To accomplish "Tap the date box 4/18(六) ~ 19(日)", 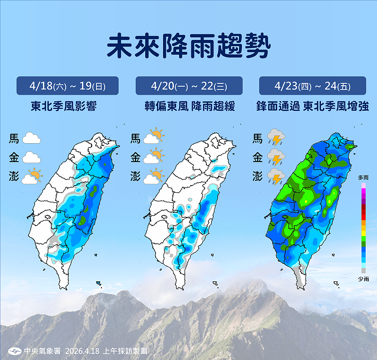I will (x=67, y=86).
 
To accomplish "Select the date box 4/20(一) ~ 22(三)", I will (x=189, y=86).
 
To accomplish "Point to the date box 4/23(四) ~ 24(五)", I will (x=312, y=86).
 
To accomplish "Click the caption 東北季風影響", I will (x=67, y=107).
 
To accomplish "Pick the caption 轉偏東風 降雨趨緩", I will (x=188, y=107).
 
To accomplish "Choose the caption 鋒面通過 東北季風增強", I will (x=312, y=107).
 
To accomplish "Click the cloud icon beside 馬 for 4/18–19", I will (x=32, y=139).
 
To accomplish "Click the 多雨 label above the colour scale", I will (x=363, y=177).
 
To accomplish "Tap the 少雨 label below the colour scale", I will (x=363, y=279).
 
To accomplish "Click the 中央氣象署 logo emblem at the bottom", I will (x=15, y=351).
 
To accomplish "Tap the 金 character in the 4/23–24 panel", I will (x=257, y=157).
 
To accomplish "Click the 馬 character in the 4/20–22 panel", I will (x=135, y=139).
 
